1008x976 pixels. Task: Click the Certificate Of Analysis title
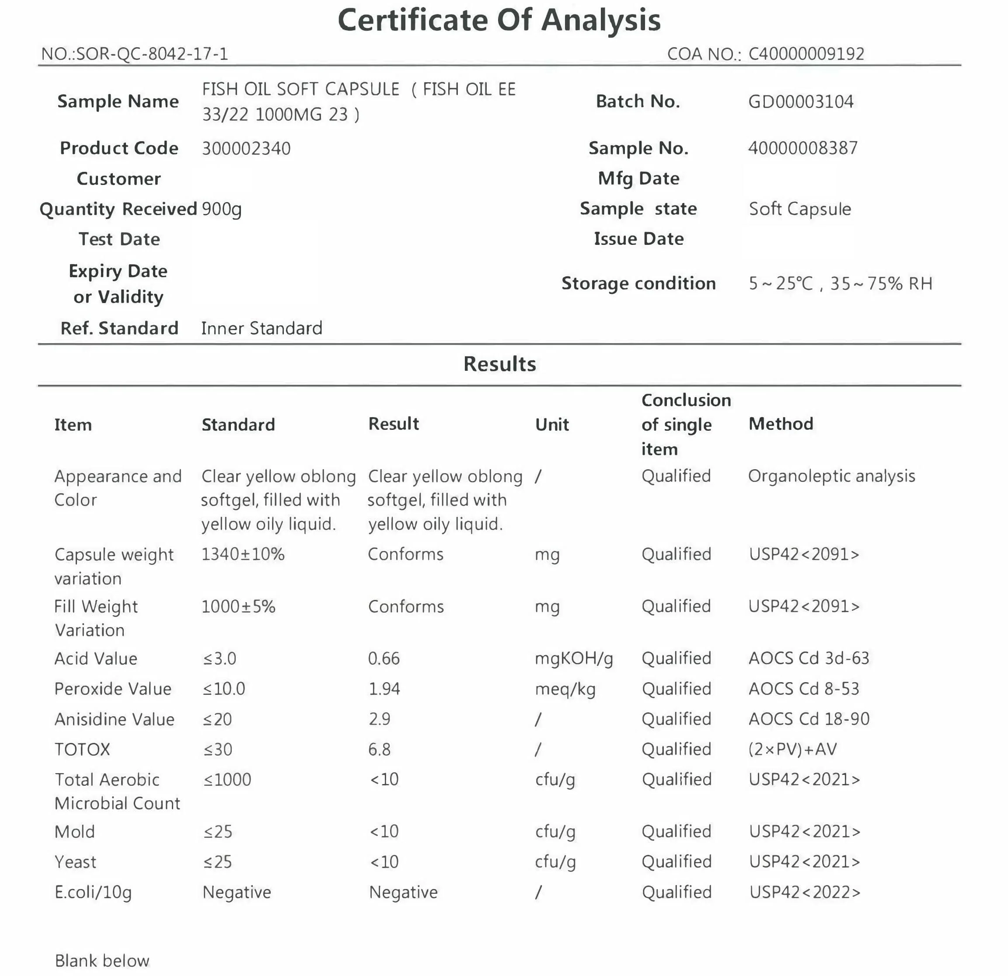(x=499, y=21)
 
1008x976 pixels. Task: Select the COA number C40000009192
(x=806, y=54)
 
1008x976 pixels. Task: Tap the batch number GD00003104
(x=800, y=102)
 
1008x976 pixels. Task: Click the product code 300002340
(x=246, y=149)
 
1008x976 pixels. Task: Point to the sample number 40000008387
(x=802, y=148)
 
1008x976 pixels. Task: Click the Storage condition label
(x=638, y=283)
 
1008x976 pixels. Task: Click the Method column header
(x=781, y=424)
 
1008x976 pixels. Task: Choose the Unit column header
(x=552, y=425)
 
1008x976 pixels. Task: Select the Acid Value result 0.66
(x=384, y=658)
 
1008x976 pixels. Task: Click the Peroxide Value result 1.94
(x=384, y=689)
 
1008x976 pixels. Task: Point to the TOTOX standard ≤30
(x=217, y=749)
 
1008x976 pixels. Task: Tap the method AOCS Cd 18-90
(x=809, y=719)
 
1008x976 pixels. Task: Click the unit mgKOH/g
(x=573, y=659)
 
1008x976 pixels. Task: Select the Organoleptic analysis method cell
(x=831, y=476)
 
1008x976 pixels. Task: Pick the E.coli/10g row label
(x=93, y=892)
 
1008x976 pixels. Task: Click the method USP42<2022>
(x=804, y=892)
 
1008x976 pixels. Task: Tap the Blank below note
(x=102, y=961)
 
